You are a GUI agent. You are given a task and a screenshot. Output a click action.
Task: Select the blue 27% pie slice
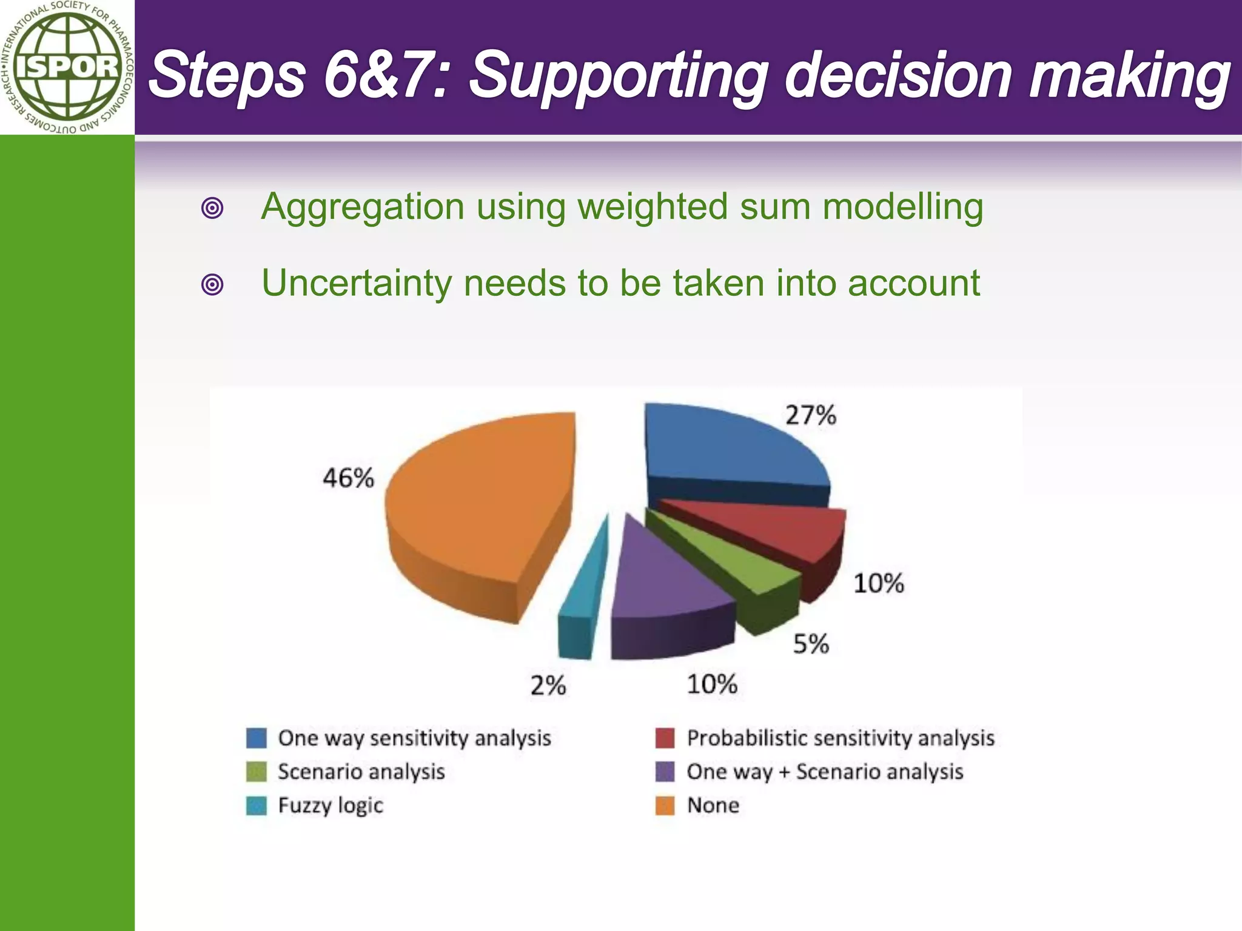point(728,449)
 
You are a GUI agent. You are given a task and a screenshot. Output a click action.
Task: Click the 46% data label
point(348,478)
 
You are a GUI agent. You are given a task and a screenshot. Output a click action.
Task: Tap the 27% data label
point(811,416)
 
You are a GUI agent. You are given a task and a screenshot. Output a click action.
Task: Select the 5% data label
point(811,644)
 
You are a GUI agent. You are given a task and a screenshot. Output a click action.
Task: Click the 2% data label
point(548,686)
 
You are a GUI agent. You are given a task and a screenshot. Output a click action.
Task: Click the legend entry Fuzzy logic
point(331,806)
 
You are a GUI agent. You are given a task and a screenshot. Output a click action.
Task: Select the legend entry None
point(713,806)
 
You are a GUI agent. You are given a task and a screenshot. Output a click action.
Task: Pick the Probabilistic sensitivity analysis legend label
point(841,738)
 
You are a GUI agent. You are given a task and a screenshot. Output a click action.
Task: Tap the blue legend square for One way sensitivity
point(257,738)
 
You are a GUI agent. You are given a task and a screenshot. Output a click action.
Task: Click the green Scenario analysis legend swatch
point(257,772)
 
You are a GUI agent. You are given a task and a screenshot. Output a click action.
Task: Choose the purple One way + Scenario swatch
point(665,772)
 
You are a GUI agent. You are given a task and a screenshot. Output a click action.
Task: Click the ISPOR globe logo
point(67,67)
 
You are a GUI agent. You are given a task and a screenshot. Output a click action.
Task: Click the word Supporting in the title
point(619,76)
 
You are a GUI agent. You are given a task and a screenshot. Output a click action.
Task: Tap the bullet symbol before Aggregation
point(212,209)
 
